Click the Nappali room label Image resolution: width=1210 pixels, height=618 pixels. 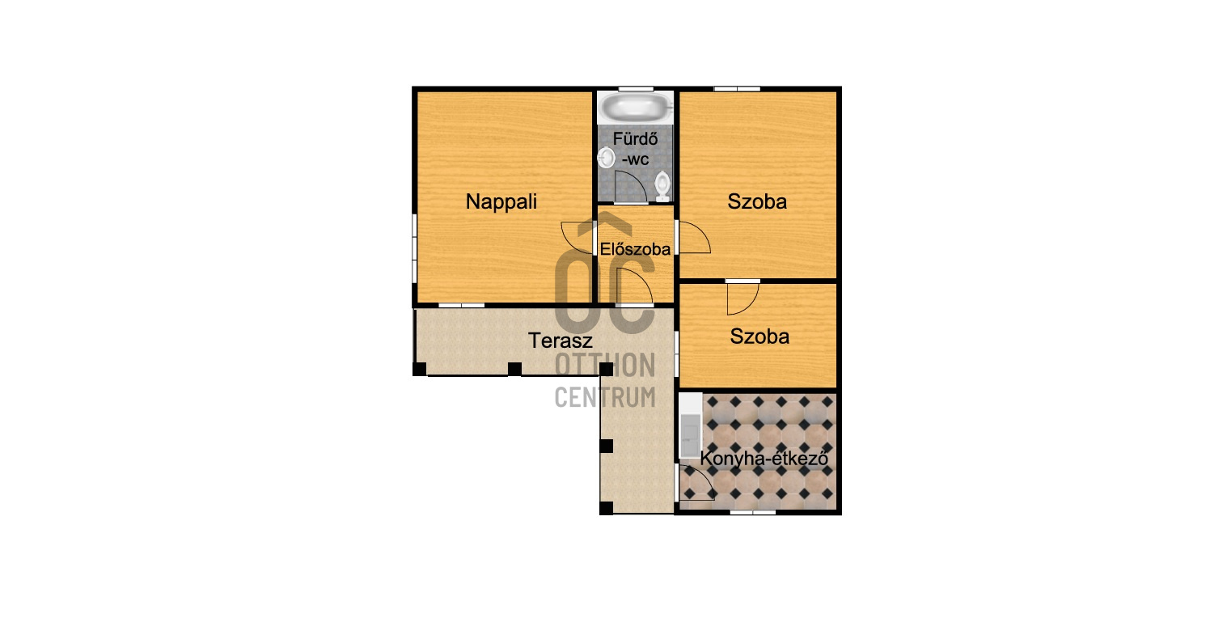[x=501, y=202]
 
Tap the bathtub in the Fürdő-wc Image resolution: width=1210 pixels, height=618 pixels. [x=636, y=107]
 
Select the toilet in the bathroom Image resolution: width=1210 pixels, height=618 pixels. [x=662, y=186]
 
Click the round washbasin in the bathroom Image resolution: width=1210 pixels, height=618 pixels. [x=607, y=158]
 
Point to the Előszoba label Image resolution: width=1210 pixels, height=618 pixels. [x=635, y=249]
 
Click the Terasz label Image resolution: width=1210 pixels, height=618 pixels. [x=561, y=341]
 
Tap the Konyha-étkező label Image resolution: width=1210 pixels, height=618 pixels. [x=764, y=459]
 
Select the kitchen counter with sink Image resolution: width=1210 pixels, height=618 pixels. [x=691, y=426]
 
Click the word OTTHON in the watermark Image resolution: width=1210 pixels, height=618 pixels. [x=605, y=365]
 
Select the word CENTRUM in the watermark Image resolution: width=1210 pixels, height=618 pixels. [x=605, y=398]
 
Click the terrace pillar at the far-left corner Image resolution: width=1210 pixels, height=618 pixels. [x=419, y=369]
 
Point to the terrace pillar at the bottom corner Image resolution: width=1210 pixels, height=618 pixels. [x=606, y=508]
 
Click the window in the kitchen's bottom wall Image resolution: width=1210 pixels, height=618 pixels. [x=753, y=511]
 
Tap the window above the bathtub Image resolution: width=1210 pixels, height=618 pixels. [x=636, y=89]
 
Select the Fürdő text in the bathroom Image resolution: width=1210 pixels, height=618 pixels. [x=635, y=139]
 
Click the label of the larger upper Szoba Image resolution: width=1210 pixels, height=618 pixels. [x=757, y=202]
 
